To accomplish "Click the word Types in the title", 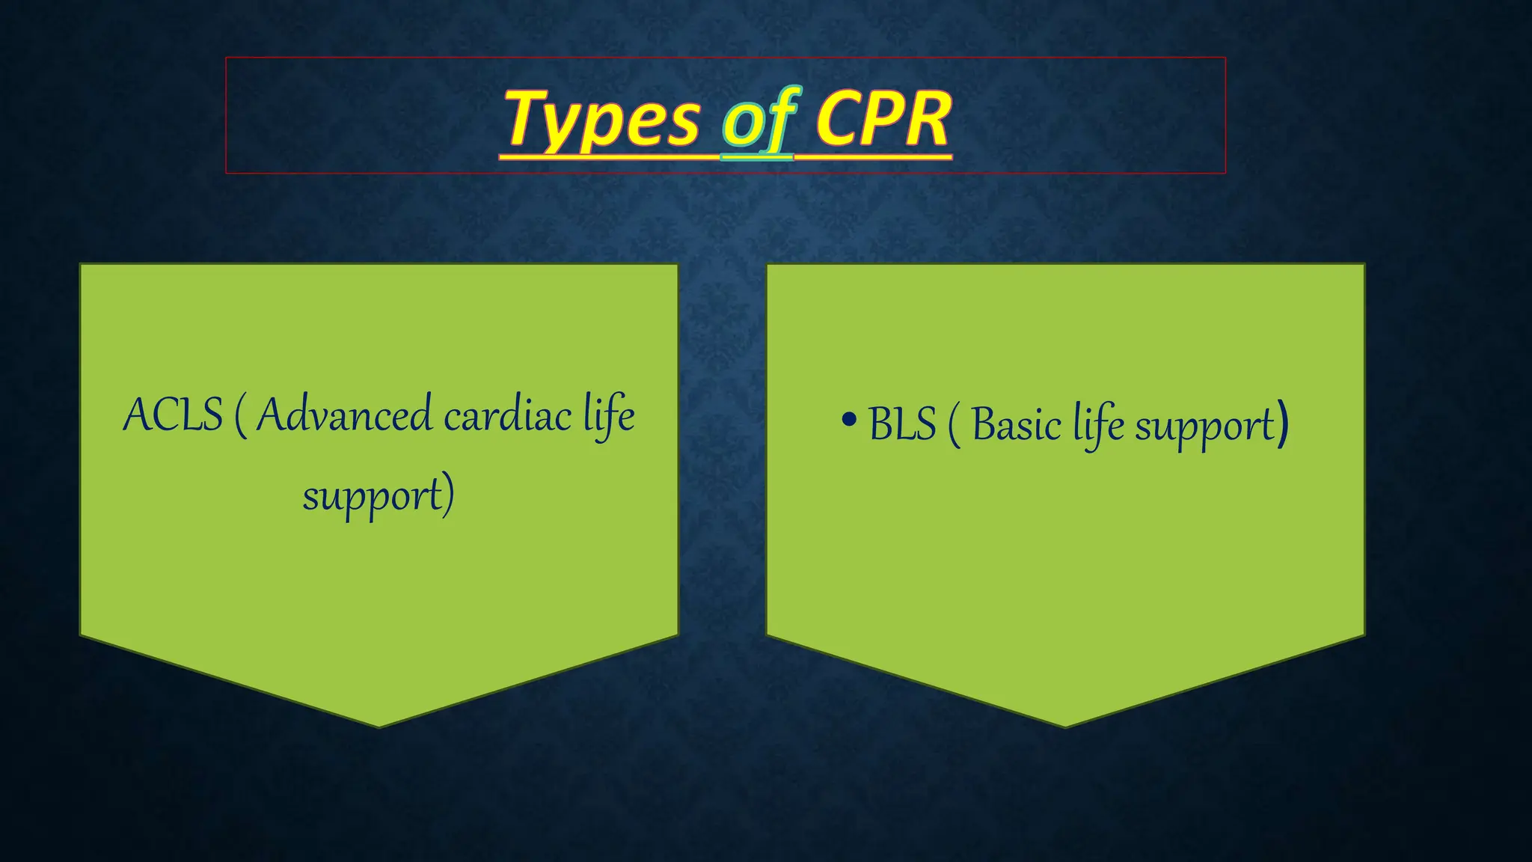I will click(603, 120).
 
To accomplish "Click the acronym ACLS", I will click(173, 415).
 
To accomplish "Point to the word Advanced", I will click(344, 415).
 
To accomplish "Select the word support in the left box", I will click(372, 496).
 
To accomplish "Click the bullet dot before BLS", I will click(848, 420).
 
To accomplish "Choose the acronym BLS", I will click(902, 424).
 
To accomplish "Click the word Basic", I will click(1016, 425).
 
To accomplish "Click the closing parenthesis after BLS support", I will click(1282, 424).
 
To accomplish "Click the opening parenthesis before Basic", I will click(954, 426).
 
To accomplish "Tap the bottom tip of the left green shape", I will click(379, 724).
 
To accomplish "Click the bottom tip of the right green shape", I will click(1065, 724).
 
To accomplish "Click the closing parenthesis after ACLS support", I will click(447, 495).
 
